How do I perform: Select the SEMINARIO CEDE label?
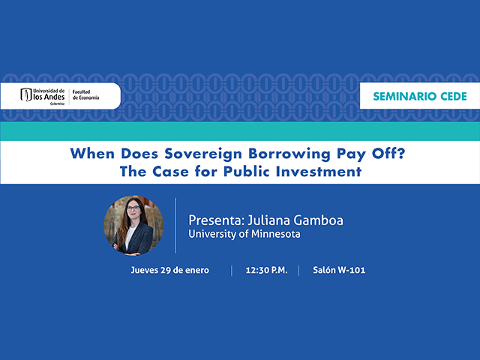tap(419, 97)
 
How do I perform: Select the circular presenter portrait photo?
tap(133, 226)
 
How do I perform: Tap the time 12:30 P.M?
tap(265, 270)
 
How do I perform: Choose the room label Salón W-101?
tap(339, 270)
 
